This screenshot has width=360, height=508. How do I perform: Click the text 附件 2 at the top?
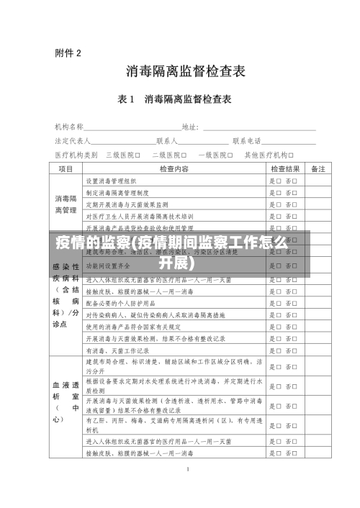coord(68,52)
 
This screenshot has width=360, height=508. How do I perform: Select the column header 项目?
coord(66,169)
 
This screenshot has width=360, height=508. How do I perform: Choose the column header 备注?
coord(318,169)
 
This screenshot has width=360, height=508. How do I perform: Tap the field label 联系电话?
coord(246,140)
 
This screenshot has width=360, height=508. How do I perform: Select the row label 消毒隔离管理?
coord(66,204)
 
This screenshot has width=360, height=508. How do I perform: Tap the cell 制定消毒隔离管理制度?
coord(117,193)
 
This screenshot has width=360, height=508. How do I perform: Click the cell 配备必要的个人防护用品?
coord(120,303)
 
